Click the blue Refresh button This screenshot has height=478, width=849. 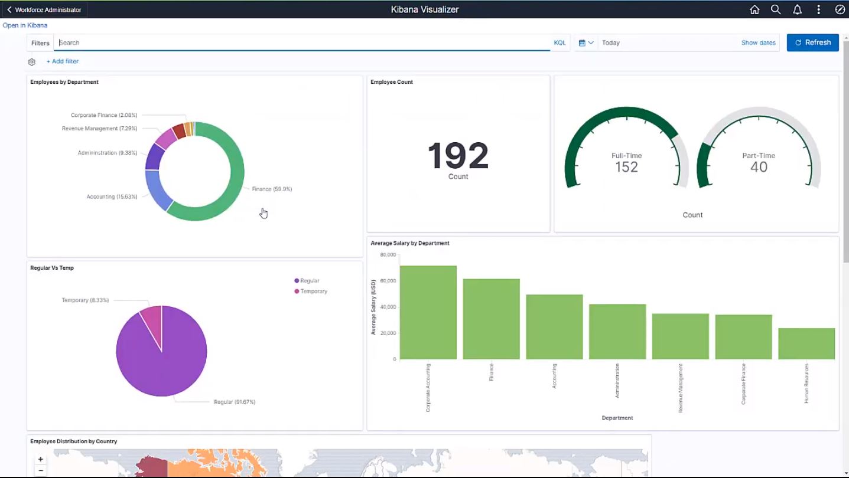click(812, 42)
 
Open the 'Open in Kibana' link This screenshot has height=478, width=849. click(25, 25)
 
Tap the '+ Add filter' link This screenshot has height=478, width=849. click(63, 61)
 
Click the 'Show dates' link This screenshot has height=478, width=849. click(758, 42)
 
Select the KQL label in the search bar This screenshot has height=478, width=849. click(560, 42)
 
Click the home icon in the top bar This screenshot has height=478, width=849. click(754, 9)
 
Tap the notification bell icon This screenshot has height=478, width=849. click(797, 9)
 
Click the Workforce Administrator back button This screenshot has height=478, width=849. click(45, 9)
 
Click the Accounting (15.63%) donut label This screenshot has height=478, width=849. click(112, 197)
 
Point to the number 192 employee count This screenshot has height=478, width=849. click(458, 156)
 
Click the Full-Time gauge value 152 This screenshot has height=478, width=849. click(626, 167)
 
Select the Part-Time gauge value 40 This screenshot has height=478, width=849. click(759, 167)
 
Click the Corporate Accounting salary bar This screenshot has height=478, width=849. click(428, 313)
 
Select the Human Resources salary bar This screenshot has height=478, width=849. click(806, 344)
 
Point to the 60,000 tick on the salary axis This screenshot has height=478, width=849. click(388, 281)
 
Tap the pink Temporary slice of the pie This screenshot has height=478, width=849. click(151, 319)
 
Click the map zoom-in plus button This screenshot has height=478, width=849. click(41, 459)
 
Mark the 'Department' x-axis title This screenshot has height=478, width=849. click(617, 418)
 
